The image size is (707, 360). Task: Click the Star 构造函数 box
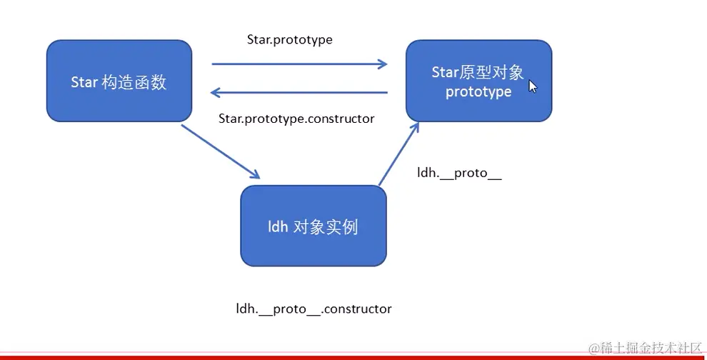pyautogui.click(x=119, y=81)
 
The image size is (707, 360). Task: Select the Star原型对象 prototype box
pyautogui.click(x=478, y=81)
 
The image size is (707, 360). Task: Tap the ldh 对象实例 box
pyautogui.click(x=313, y=226)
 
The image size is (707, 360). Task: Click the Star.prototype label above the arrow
pyautogui.click(x=289, y=40)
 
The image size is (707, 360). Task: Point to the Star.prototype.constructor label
pyautogui.click(x=296, y=119)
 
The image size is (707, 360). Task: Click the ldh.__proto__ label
pyautogui.click(x=459, y=174)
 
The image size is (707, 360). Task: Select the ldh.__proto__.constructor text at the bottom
pyautogui.click(x=314, y=309)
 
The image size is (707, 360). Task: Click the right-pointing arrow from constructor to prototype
pyautogui.click(x=299, y=64)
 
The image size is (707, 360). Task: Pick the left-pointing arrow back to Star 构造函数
pyautogui.click(x=299, y=92)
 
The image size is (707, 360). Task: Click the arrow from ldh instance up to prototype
pyautogui.click(x=398, y=155)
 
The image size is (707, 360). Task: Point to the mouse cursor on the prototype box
pyautogui.click(x=532, y=86)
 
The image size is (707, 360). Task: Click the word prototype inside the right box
pyautogui.click(x=478, y=92)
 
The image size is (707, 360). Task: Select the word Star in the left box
pyautogui.click(x=84, y=82)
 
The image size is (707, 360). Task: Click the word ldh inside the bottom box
pyautogui.click(x=278, y=227)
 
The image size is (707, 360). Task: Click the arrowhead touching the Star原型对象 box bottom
pyautogui.click(x=415, y=126)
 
